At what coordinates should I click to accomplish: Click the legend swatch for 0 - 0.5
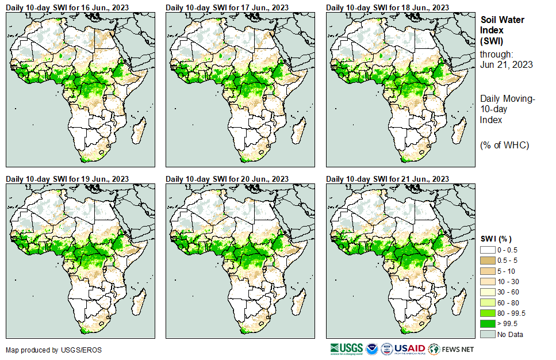click(488, 250)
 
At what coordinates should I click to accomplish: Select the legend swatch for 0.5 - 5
click(488, 261)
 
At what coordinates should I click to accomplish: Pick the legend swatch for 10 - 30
click(488, 282)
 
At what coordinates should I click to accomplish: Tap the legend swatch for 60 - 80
click(488, 302)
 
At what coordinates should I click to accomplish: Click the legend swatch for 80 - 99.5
click(488, 313)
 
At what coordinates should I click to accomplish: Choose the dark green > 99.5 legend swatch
click(488, 324)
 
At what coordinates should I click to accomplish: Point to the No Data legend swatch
click(488, 334)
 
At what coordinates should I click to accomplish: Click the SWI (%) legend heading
click(496, 239)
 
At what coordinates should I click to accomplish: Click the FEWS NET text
click(458, 349)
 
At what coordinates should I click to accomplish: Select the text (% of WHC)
click(504, 144)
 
